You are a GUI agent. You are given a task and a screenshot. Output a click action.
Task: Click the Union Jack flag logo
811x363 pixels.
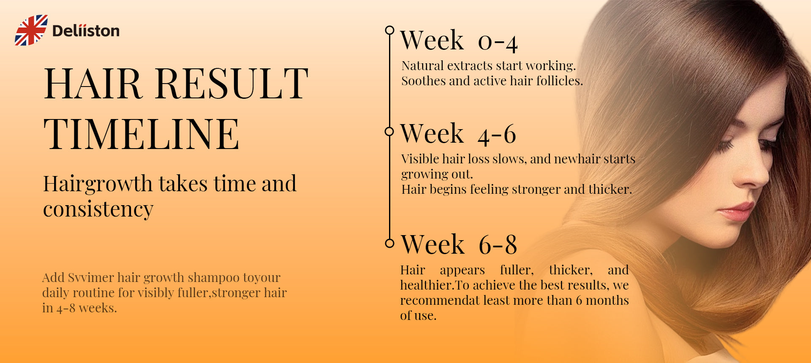click(x=31, y=30)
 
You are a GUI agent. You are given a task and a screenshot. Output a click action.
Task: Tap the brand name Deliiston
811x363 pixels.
click(x=86, y=31)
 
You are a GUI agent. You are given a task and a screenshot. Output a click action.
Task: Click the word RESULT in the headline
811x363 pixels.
click(x=232, y=84)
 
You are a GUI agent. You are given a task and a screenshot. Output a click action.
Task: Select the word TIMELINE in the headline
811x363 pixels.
click(x=142, y=134)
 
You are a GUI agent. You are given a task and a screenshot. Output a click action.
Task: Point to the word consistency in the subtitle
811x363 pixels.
click(x=98, y=209)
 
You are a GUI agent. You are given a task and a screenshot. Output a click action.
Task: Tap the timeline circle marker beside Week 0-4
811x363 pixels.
click(x=389, y=30)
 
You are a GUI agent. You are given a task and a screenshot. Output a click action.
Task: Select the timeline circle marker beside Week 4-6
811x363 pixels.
click(x=389, y=131)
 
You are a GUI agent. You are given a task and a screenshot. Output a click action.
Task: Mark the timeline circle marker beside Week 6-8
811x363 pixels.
click(x=389, y=243)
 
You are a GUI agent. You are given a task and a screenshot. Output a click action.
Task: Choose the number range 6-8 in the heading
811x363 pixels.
click(x=498, y=245)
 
